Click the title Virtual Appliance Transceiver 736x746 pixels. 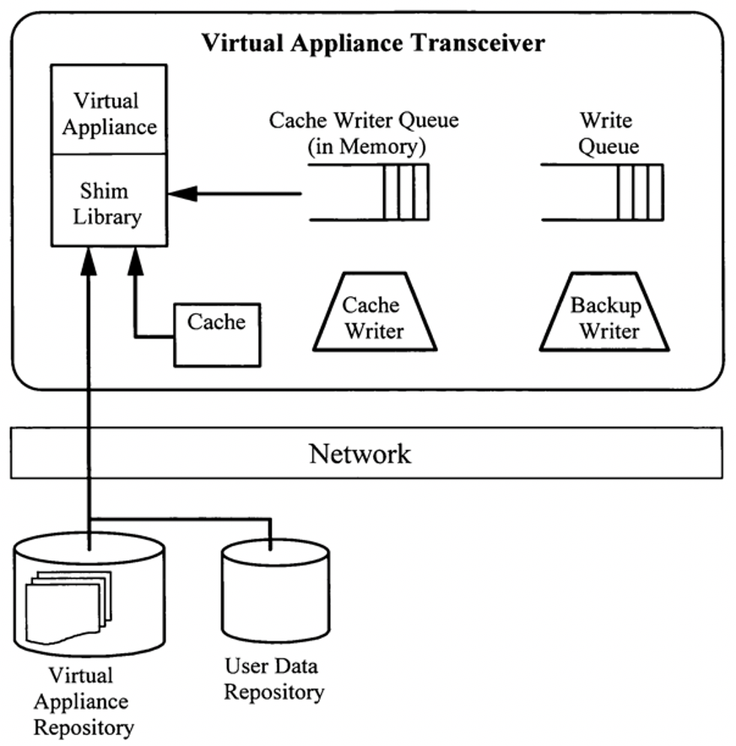coord(372,43)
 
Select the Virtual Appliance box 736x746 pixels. coord(109,112)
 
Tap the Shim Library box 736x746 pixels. coord(109,202)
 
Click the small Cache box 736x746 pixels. coord(217,334)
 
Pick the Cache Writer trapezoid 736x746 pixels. coord(374,314)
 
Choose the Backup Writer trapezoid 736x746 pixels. coord(604,314)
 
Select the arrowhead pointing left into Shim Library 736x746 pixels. coord(181,194)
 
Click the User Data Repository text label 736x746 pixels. coord(274,679)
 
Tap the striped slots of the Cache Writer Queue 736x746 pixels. coord(405,192)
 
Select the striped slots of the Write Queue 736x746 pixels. coord(639,192)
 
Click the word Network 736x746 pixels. coord(360,454)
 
